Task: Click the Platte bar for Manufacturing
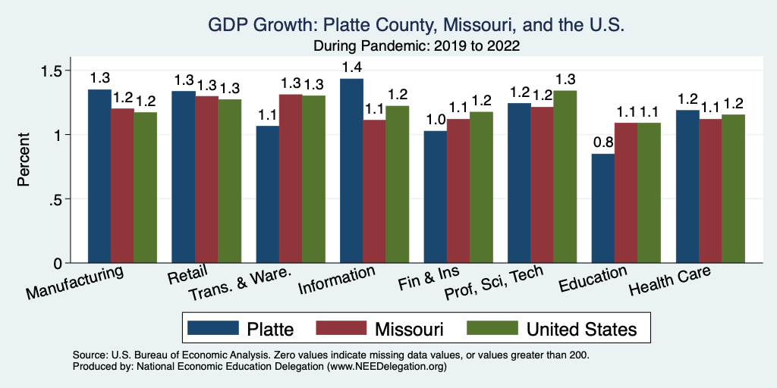click(x=99, y=177)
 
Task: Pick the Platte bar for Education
click(x=603, y=208)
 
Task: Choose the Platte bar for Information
click(x=351, y=171)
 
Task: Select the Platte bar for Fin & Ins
click(x=436, y=197)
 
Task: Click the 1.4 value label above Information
click(x=351, y=67)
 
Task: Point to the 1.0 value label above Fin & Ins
click(x=436, y=120)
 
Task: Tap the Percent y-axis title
click(x=25, y=161)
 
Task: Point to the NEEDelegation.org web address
click(x=386, y=366)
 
